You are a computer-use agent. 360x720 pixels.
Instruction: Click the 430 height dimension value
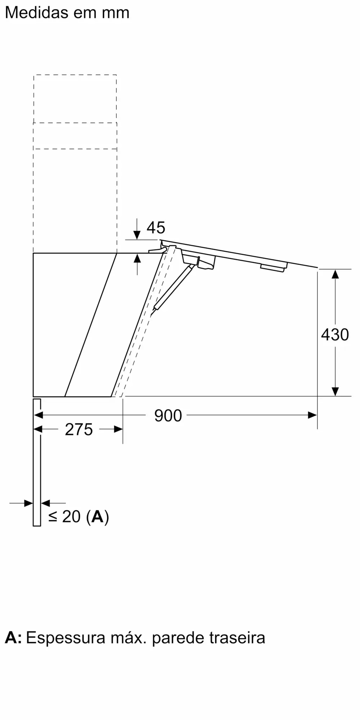(x=335, y=335)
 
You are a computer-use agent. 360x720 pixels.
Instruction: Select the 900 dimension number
(x=168, y=416)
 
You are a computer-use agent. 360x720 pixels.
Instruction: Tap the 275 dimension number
(x=79, y=430)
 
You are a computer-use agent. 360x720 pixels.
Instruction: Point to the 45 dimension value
(x=156, y=228)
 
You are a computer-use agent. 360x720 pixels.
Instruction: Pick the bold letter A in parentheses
(x=97, y=517)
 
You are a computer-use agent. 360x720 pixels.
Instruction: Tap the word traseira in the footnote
(x=238, y=638)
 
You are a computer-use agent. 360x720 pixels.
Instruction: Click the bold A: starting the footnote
(x=13, y=638)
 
